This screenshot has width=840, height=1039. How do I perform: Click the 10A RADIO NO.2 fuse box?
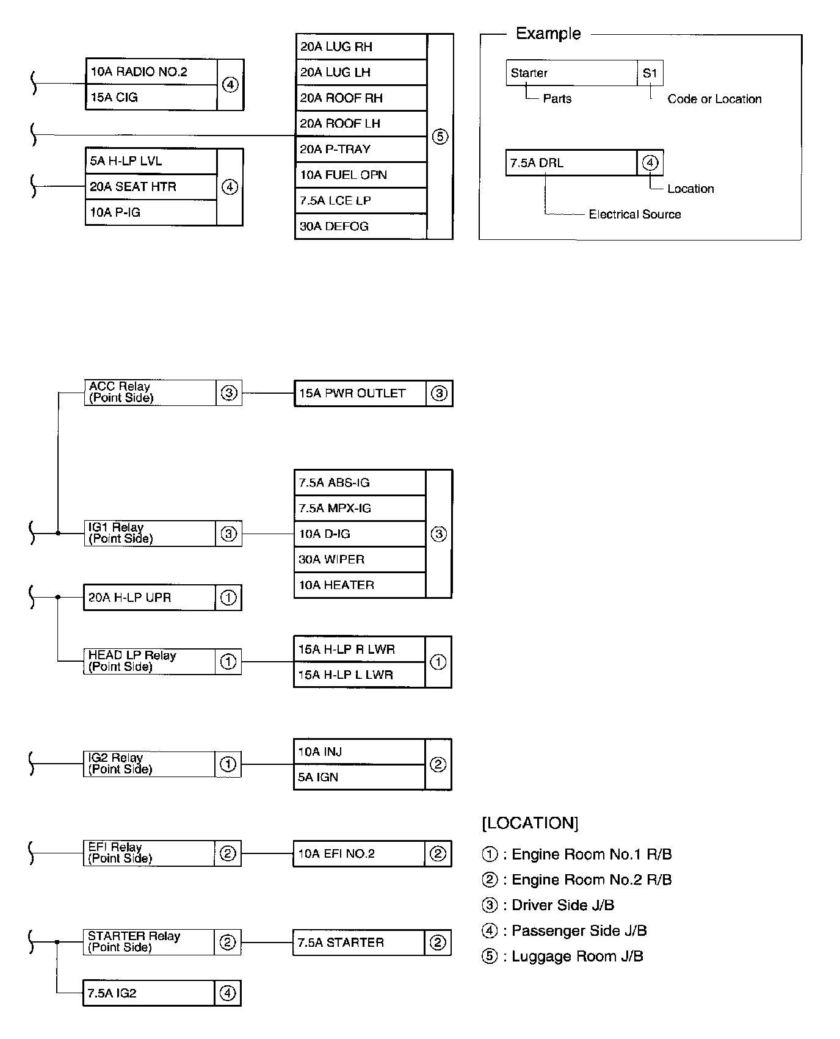click(x=151, y=72)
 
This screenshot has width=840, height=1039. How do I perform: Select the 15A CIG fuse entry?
click(x=151, y=98)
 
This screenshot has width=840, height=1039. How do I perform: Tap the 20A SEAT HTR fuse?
click(x=151, y=187)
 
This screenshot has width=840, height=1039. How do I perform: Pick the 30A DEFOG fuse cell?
click(x=361, y=226)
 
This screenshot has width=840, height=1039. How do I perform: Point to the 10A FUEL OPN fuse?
click(x=361, y=175)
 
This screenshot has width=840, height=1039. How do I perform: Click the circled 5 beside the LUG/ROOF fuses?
click(x=440, y=137)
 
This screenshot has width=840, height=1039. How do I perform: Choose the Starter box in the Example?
click(x=571, y=73)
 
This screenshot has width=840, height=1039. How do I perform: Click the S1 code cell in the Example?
click(x=650, y=73)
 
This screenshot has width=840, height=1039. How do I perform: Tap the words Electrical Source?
click(x=634, y=214)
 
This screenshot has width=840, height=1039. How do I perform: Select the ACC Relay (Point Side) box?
click(x=150, y=393)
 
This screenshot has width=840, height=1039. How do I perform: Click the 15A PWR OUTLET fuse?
click(x=360, y=394)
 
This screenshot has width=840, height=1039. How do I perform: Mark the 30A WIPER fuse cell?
click(x=360, y=560)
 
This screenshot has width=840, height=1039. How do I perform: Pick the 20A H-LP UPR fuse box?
click(x=150, y=598)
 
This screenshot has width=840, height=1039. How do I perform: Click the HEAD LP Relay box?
click(x=150, y=662)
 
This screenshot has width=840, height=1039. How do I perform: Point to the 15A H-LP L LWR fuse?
click(x=359, y=675)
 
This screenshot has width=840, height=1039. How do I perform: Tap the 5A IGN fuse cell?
click(x=359, y=778)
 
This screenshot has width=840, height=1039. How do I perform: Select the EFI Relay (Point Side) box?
click(x=149, y=853)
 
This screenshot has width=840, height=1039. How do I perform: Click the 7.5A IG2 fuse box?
click(x=149, y=993)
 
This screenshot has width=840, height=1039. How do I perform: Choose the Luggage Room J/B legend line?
click(x=563, y=957)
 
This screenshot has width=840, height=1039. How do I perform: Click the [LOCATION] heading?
click(x=530, y=824)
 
